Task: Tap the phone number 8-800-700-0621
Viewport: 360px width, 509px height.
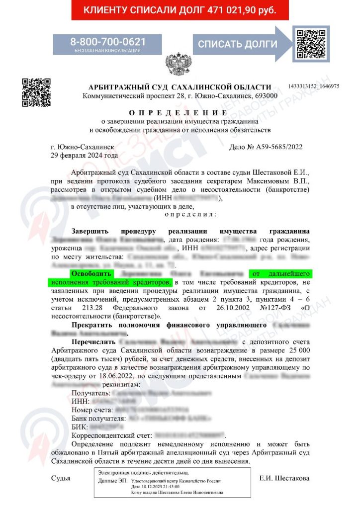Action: coord(108,42)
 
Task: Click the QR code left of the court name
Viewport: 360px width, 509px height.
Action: coord(36,92)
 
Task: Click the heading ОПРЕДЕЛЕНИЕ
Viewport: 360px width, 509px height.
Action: coord(180,113)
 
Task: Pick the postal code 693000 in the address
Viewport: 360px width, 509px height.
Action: coord(265,95)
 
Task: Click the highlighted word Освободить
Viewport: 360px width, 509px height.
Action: coord(92,274)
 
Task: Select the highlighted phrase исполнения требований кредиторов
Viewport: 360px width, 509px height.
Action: coord(110,282)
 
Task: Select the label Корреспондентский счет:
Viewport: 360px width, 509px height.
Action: coord(113,434)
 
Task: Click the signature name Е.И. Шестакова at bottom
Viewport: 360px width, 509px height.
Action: coord(284,478)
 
